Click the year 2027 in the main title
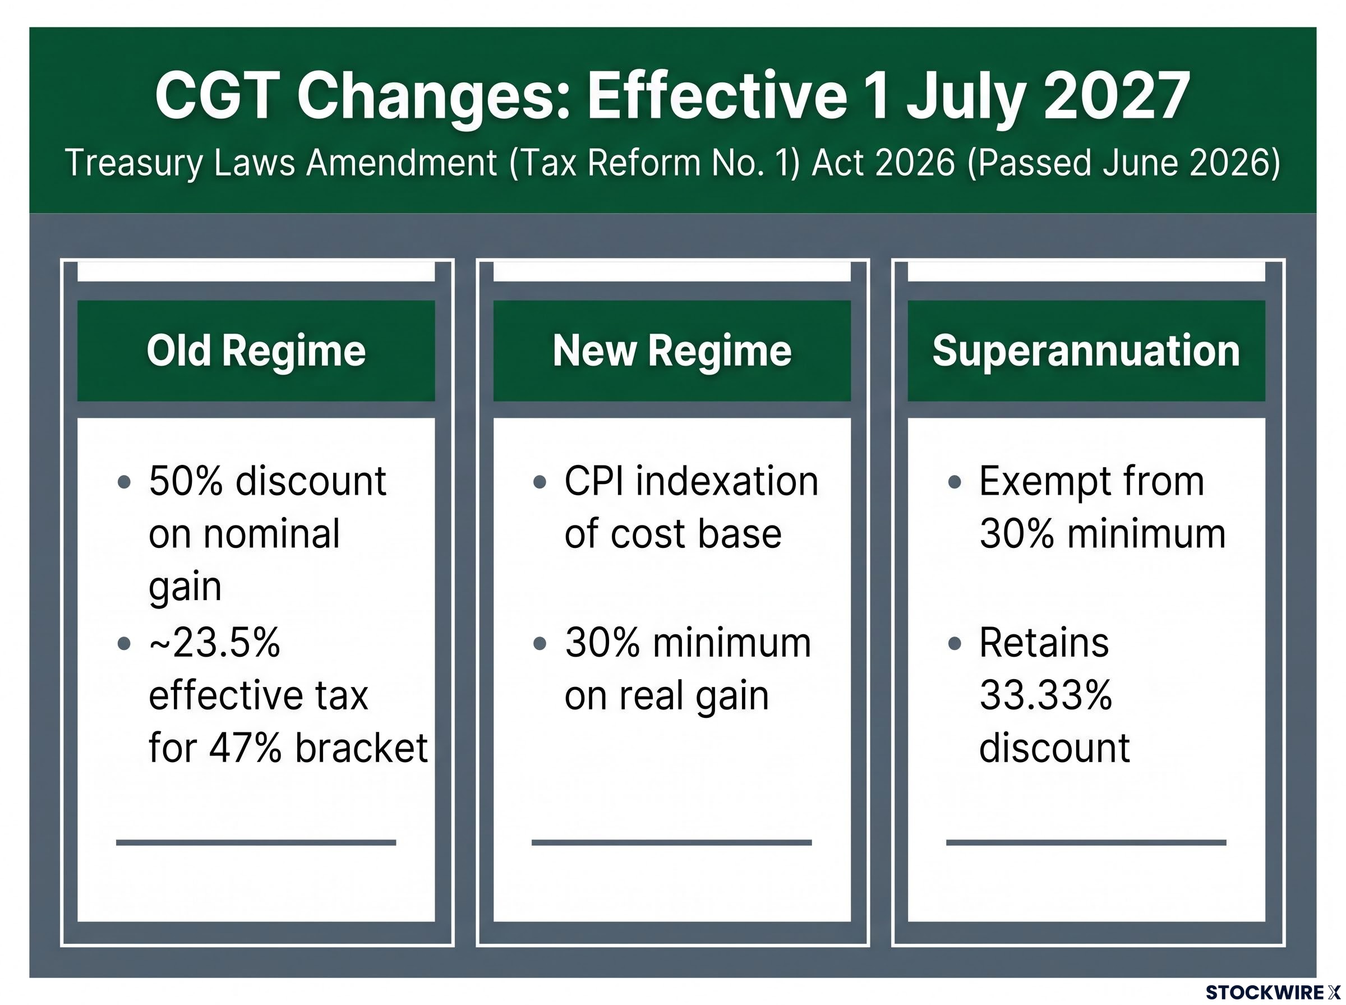point(1116,95)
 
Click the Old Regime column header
point(256,351)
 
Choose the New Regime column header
point(672,351)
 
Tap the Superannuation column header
point(1086,351)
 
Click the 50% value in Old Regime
point(186,481)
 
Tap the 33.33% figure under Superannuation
point(1045,695)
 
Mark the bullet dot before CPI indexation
point(539,482)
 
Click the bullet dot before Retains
point(955,644)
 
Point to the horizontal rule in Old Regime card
point(256,842)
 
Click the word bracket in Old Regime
point(361,747)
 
